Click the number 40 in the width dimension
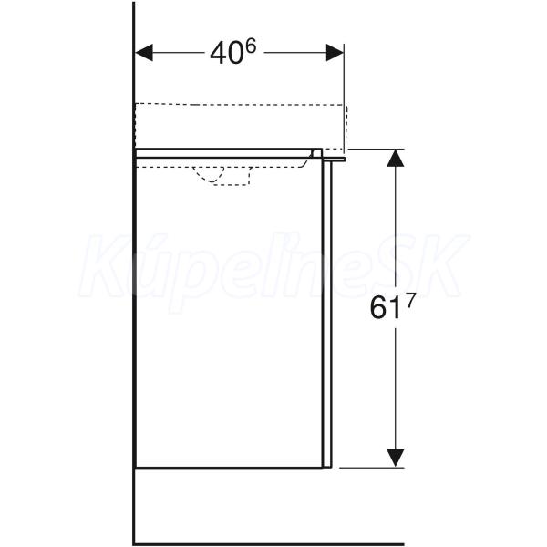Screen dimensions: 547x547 coord(226,54)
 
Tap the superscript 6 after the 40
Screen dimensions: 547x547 coord(250,46)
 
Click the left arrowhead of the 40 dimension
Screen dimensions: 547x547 coord(144,53)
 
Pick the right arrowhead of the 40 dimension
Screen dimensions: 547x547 coord(335,53)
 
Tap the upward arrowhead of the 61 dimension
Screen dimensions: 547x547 coord(396,158)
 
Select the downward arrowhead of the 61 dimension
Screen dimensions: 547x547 coord(396,458)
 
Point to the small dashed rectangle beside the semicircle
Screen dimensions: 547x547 coord(232,176)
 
